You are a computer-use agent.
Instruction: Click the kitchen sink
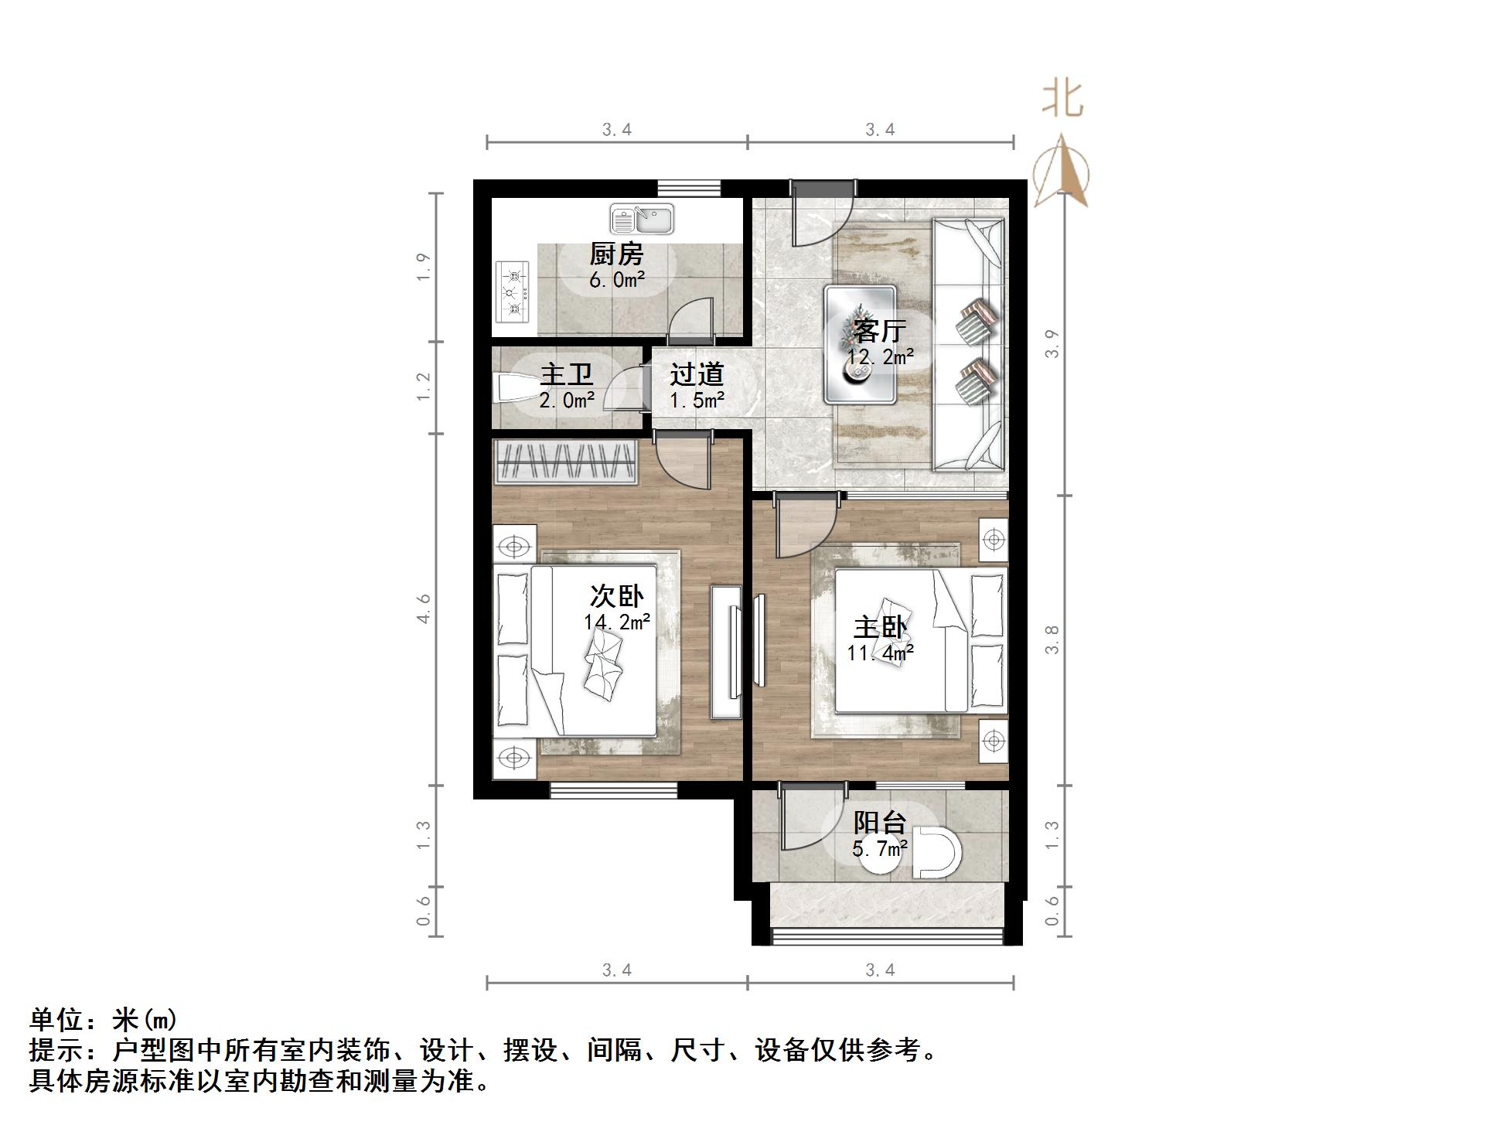[642, 219]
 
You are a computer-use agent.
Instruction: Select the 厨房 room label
[616, 254]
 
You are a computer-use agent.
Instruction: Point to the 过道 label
[697, 374]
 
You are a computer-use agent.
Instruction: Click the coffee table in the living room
[860, 345]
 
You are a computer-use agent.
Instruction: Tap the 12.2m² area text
[880, 357]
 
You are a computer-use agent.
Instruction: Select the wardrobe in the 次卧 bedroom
[565, 462]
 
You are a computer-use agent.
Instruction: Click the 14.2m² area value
[616, 622]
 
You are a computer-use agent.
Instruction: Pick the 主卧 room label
[880, 626]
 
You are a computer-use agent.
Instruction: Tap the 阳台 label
[879, 822]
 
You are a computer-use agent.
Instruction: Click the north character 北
[1062, 101]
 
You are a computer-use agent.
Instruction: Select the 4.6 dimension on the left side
[424, 609]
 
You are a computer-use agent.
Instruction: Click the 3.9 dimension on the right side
[1052, 344]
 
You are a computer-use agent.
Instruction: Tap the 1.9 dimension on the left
[424, 267]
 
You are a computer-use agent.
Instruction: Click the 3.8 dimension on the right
[1052, 640]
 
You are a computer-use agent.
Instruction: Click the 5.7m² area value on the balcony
[880, 849]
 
